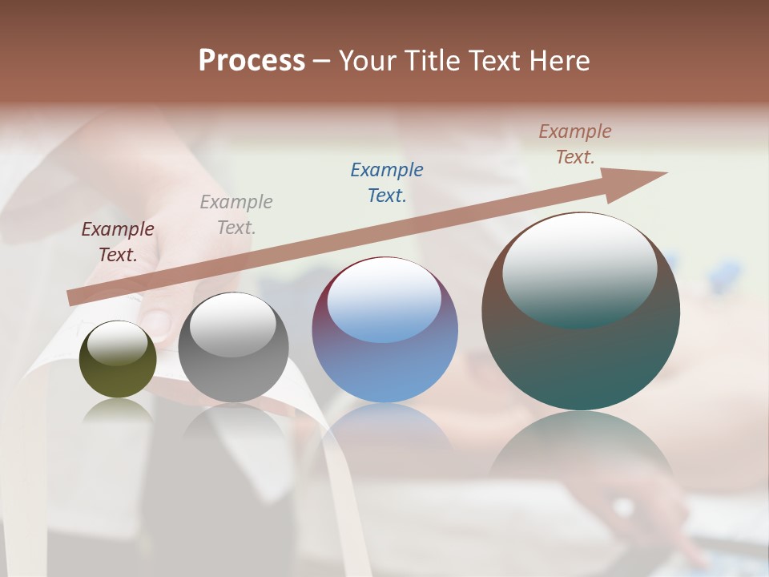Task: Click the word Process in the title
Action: pyautogui.click(x=252, y=61)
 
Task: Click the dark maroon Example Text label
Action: pyautogui.click(x=118, y=242)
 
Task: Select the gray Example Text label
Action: pyautogui.click(x=236, y=215)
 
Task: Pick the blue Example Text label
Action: pyautogui.click(x=387, y=183)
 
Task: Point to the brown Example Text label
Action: pyautogui.click(x=575, y=144)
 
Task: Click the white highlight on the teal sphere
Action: pyautogui.click(x=579, y=268)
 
